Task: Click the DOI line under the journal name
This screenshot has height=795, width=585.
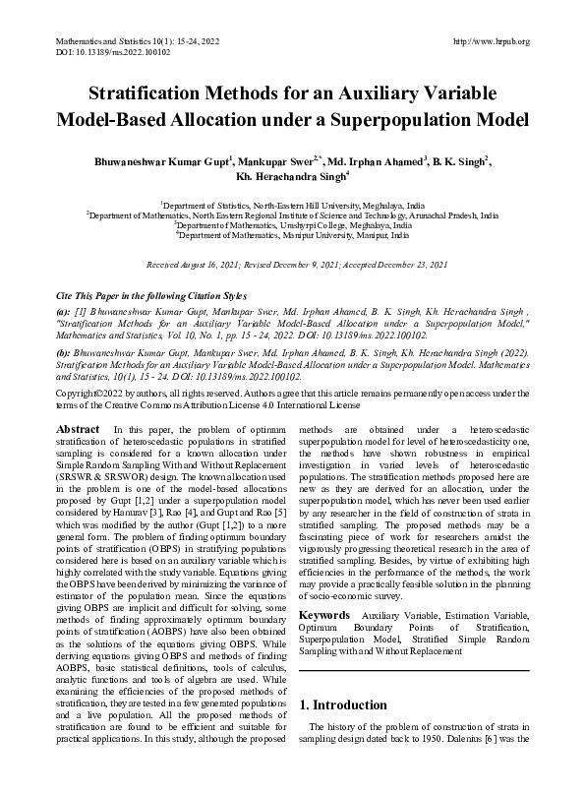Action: click(x=98, y=52)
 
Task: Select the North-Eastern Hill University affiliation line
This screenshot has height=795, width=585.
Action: click(x=292, y=204)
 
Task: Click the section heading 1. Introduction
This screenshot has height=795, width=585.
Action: click(x=342, y=705)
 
